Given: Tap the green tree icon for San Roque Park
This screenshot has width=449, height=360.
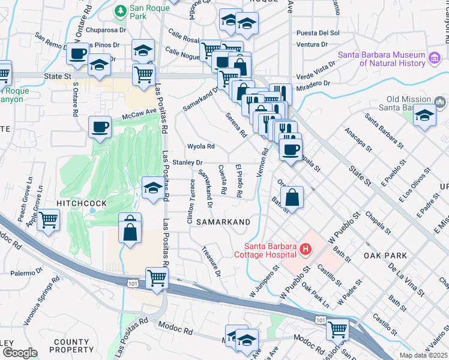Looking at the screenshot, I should point(121,10).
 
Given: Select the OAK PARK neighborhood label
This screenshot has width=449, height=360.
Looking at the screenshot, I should point(385,256).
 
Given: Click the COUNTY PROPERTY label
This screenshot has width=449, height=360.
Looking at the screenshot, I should point(71,346).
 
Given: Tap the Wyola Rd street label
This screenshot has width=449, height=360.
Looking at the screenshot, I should point(201,146).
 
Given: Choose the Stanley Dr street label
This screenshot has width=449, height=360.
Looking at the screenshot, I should point(188,163).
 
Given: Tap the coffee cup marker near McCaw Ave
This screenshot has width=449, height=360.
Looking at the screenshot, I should point(100,127).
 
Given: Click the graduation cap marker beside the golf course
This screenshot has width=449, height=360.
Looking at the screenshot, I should point(153,188).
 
